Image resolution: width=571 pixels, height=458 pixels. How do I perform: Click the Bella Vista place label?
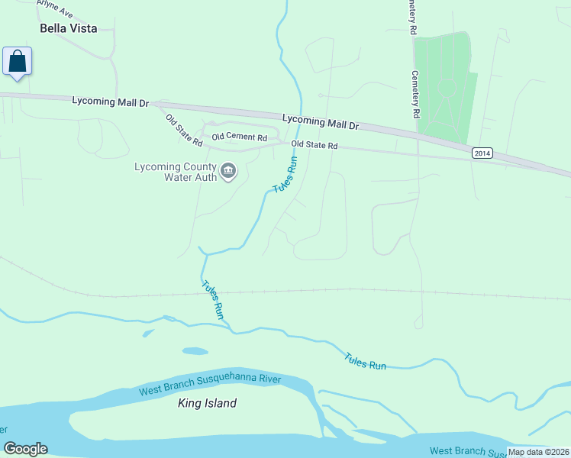(x=69, y=28)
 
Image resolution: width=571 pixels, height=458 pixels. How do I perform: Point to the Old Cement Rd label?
(x=239, y=137)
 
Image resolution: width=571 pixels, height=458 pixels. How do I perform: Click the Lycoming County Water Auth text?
(x=175, y=173)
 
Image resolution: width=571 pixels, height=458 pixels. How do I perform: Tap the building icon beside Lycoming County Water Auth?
(x=228, y=173)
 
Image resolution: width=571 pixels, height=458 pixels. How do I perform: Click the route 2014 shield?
(x=482, y=153)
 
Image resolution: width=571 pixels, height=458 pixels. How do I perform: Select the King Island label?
(x=207, y=403)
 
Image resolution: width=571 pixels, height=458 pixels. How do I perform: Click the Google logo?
(x=25, y=449)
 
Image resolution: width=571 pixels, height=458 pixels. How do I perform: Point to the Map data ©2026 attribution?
(x=538, y=452)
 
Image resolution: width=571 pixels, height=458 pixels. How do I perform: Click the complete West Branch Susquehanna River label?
(x=210, y=385)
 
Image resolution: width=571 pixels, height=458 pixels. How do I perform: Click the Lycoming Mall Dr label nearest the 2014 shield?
(x=321, y=122)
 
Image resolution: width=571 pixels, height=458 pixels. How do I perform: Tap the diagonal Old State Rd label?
(x=183, y=131)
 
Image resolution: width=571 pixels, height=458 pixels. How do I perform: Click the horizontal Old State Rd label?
(x=315, y=144)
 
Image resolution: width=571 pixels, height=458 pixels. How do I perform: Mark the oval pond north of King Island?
(x=195, y=351)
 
